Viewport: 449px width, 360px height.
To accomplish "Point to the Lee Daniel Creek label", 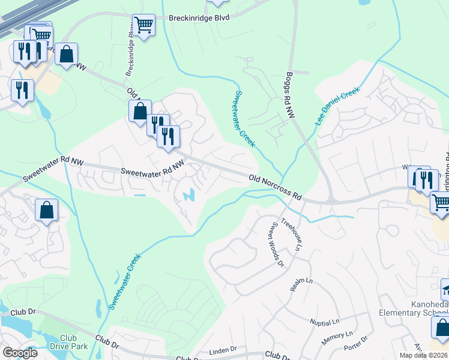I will click(337, 107).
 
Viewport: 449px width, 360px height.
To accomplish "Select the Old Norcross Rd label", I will click(274, 186).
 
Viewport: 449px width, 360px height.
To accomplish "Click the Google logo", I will click(19, 352).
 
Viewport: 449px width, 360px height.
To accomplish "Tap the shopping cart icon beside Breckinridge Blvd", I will click(143, 25).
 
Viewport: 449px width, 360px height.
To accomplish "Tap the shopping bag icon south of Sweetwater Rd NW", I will click(46, 211).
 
